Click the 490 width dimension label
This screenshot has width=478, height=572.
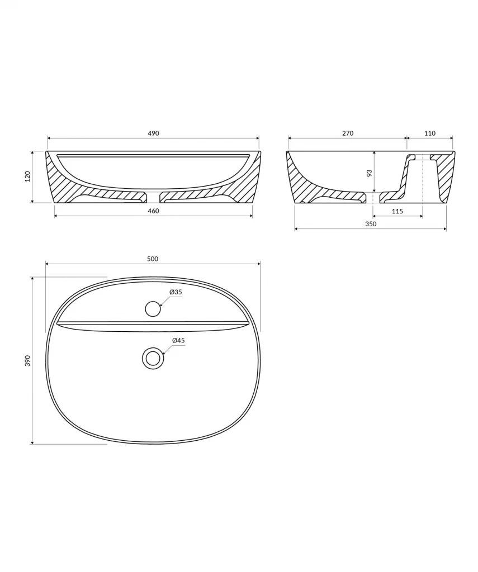tap(153, 134)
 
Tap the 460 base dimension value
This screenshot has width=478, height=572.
tap(153, 211)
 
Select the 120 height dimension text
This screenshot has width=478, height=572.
tap(28, 177)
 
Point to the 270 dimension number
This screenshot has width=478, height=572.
tap(348, 134)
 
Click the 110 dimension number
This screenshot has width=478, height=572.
tap(430, 134)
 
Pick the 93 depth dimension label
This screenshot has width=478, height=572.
tap(369, 172)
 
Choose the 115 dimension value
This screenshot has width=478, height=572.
tap(397, 211)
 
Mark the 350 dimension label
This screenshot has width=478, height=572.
tap(371, 224)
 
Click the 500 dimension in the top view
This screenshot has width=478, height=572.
tap(153, 259)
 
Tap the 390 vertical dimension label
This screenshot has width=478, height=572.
tap(28, 360)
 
